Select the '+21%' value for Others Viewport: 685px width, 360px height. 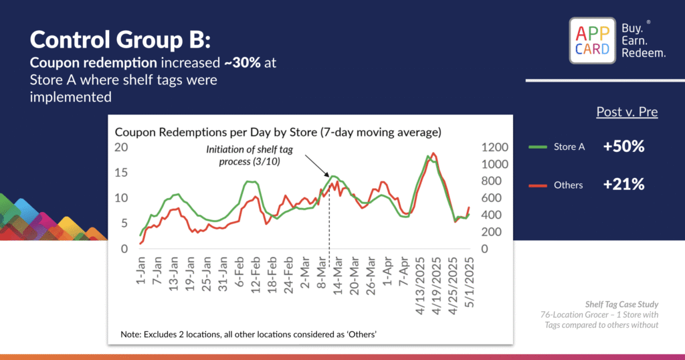[623, 185]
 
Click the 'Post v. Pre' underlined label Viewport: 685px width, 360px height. [627, 112]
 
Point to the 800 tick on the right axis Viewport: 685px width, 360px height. [496, 181]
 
